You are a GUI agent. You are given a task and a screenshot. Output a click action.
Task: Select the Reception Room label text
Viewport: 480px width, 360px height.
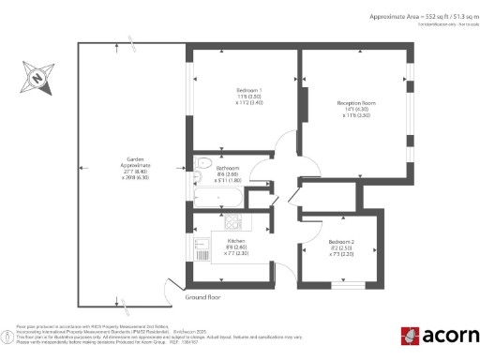point(356,108)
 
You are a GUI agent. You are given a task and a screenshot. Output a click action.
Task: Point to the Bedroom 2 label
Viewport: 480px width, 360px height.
point(339,248)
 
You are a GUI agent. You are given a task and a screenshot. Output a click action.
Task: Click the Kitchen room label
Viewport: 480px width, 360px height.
point(236,246)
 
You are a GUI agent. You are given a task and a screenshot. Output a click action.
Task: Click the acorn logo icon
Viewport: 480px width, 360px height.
point(410,335)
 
